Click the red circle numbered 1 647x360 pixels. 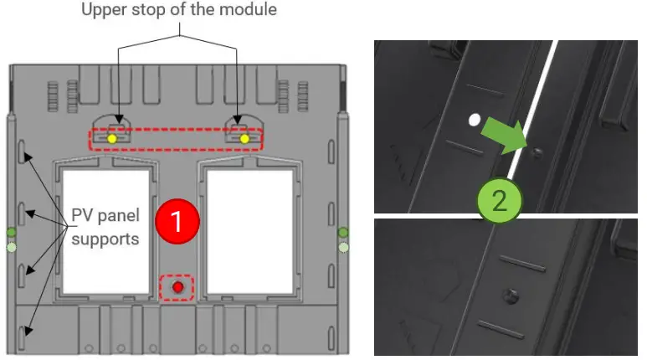177,221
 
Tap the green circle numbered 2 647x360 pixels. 500,201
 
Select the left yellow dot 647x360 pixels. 112,139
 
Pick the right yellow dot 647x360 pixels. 244,139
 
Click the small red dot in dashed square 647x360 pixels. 177,287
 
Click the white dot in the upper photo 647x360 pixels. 475,120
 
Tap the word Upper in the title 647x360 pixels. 105,10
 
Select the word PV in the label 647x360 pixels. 83,215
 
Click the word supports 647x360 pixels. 105,239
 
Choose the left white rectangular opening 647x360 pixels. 105,232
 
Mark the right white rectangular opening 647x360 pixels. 250,232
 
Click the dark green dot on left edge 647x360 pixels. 11,232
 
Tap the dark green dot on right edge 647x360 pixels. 343,232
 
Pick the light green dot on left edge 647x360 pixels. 12,247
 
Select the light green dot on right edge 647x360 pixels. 343,247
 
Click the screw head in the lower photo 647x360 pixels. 511,296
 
